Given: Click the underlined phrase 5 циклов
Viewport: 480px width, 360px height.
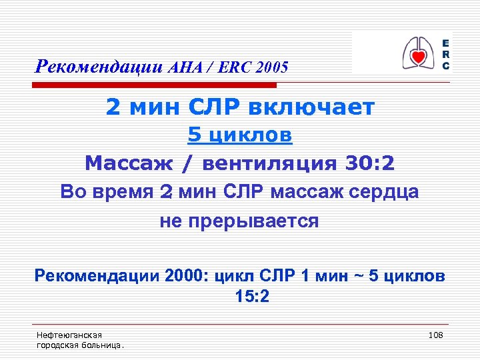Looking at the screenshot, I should click(x=240, y=135).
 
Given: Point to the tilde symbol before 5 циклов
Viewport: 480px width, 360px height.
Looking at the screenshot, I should click(x=359, y=276).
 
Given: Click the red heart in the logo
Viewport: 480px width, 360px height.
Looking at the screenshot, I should click(x=418, y=57).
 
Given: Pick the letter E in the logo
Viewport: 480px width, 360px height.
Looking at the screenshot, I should click(x=445, y=42).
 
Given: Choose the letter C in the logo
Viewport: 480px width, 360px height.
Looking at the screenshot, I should click(x=445, y=65).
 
